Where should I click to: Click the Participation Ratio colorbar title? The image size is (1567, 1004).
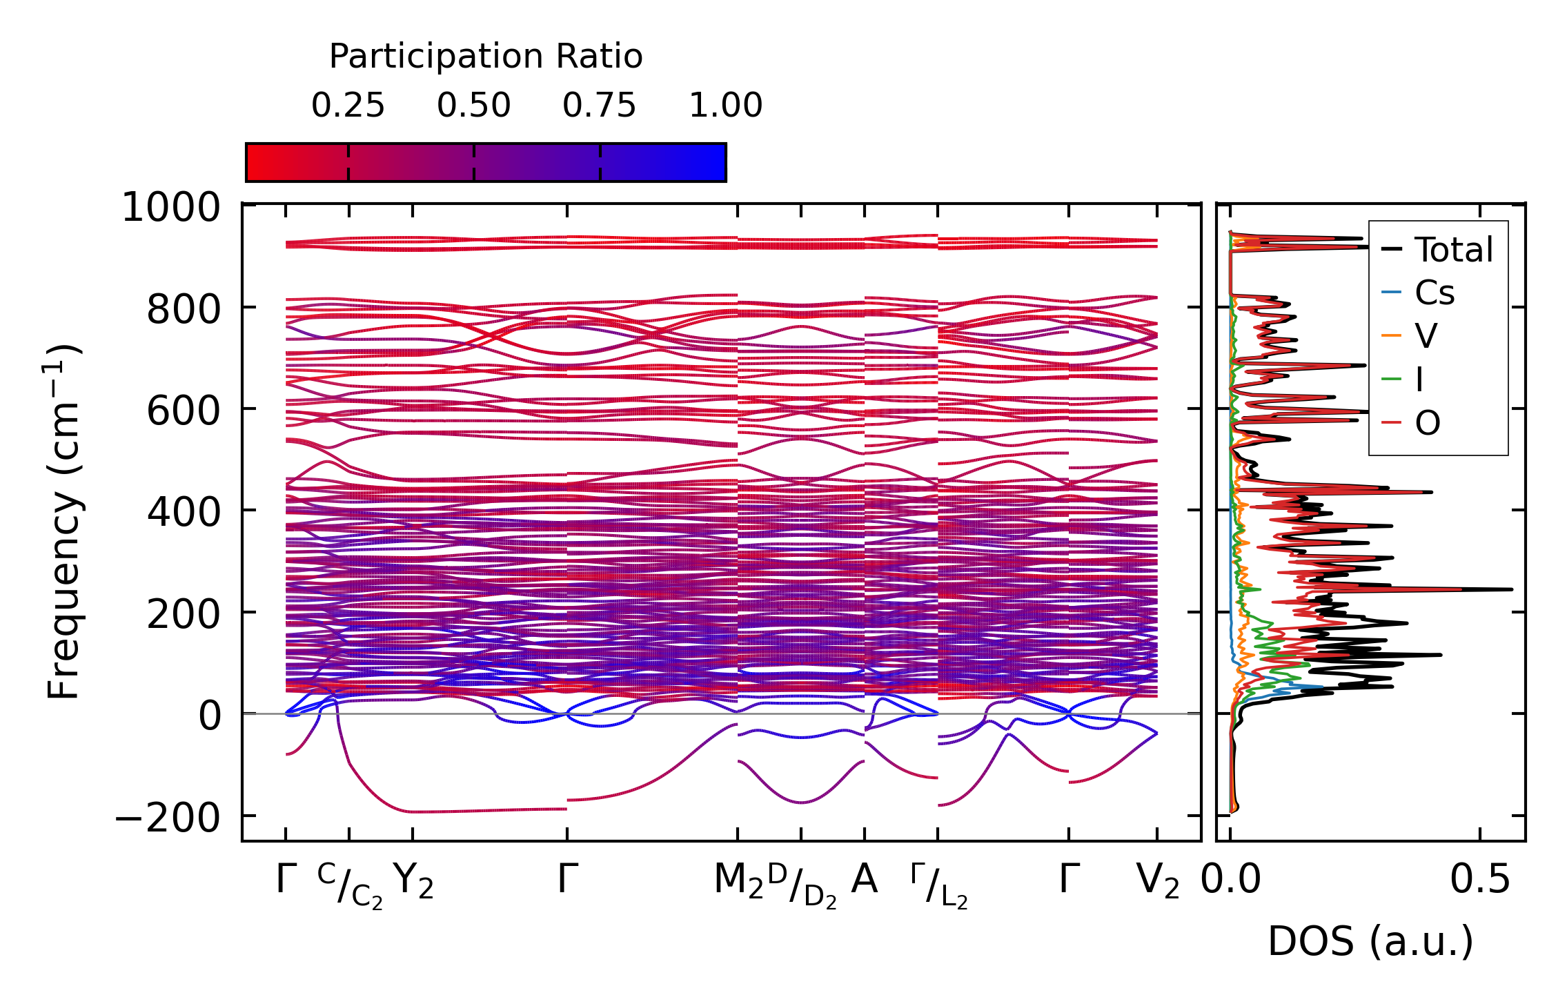click(486, 57)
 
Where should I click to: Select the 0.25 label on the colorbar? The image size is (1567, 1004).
click(348, 106)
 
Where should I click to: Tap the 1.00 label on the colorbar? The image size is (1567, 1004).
click(726, 106)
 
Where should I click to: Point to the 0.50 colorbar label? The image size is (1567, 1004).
click(473, 106)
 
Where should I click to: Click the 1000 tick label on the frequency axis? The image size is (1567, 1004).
click(171, 207)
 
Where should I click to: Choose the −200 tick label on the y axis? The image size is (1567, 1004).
click(168, 818)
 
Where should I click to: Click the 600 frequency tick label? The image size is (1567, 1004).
click(184, 411)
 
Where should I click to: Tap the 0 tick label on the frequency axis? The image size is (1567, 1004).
click(210, 716)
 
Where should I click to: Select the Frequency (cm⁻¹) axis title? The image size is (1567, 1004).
click(64, 522)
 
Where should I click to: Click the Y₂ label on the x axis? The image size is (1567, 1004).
click(413, 880)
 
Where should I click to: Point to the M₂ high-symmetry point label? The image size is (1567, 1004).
click(738, 880)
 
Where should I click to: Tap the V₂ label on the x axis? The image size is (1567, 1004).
click(1157, 880)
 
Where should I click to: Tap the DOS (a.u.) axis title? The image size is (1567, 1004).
click(1370, 941)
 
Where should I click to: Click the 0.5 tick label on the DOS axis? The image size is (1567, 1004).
click(1479, 880)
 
